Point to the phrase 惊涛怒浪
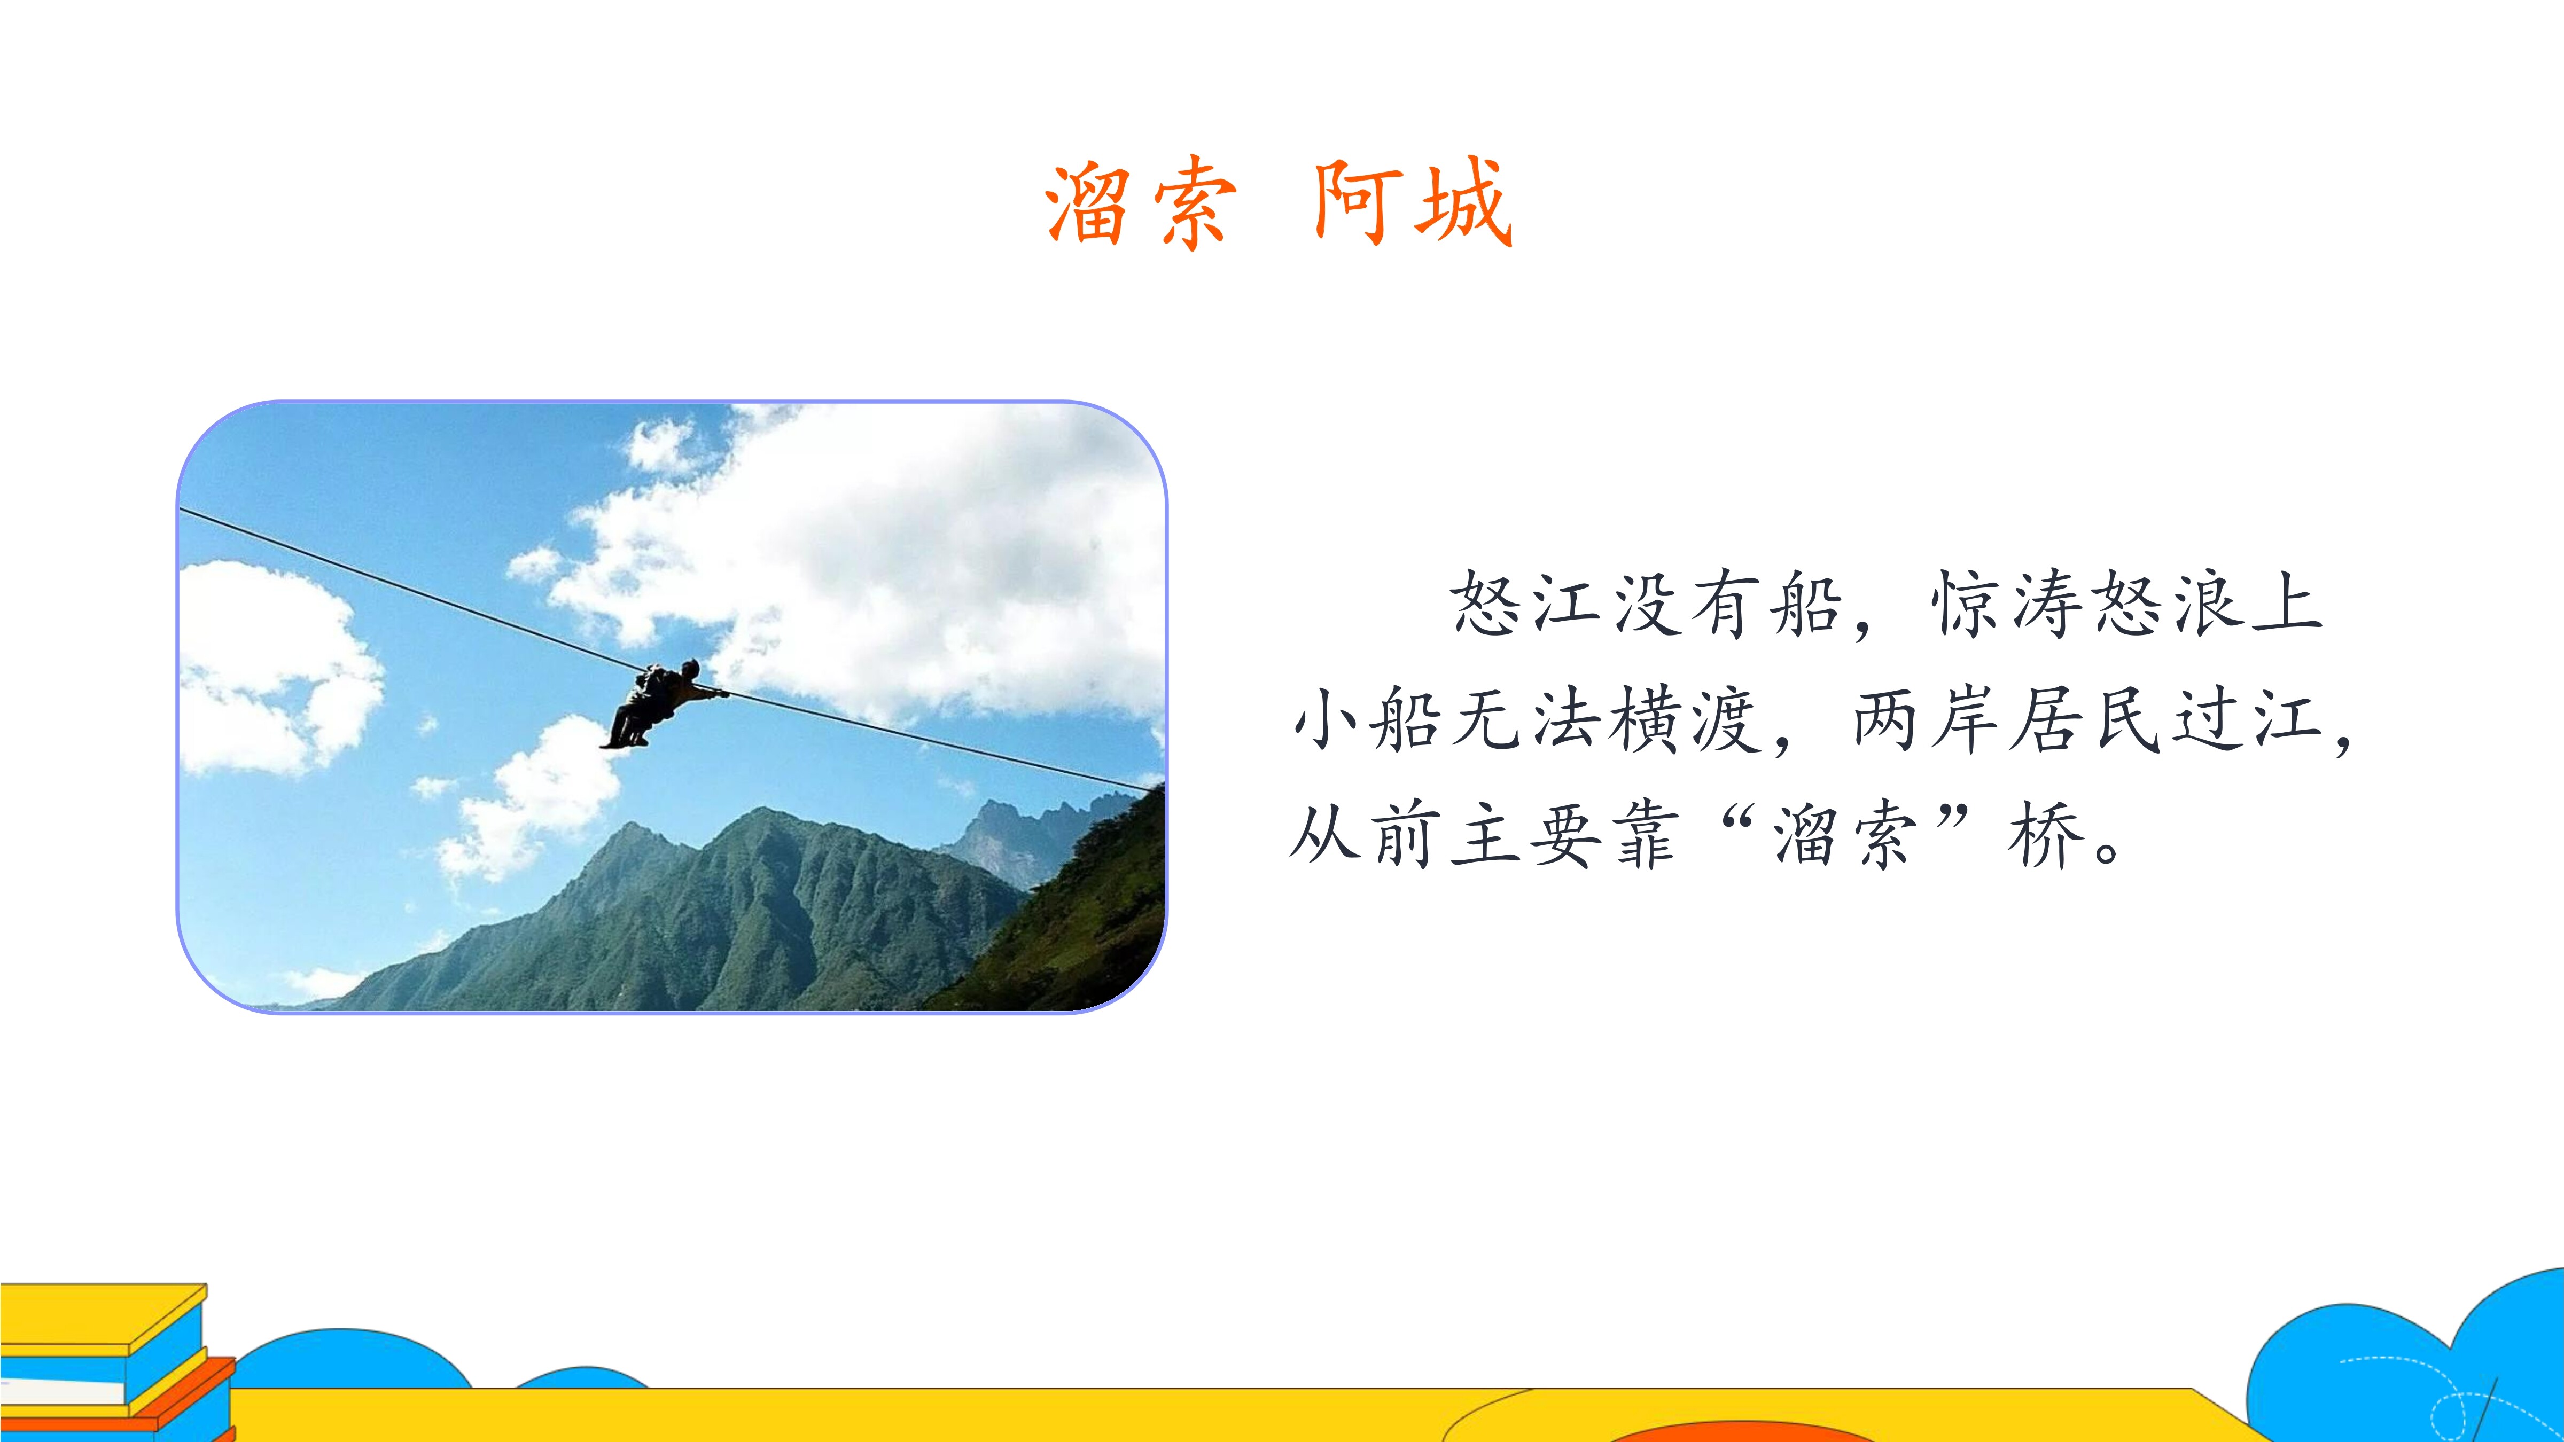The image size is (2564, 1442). click(2087, 604)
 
